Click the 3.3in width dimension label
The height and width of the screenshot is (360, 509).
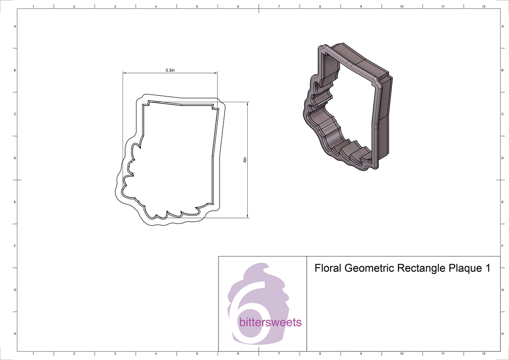(x=170, y=70)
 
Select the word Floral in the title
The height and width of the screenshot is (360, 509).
(x=328, y=268)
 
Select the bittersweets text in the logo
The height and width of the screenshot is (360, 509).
(x=270, y=323)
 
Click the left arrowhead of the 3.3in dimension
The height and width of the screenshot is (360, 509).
(x=125, y=73)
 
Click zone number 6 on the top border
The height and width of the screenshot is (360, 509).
(x=238, y=7)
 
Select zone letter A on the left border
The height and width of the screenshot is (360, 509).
(x=15, y=26)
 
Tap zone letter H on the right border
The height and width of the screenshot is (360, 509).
(x=502, y=334)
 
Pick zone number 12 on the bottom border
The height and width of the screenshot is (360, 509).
(x=484, y=354)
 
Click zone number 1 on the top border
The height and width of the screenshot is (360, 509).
(x=33, y=7)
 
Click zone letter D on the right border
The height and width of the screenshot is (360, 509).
(x=502, y=158)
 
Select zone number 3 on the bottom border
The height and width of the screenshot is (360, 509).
(x=115, y=354)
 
